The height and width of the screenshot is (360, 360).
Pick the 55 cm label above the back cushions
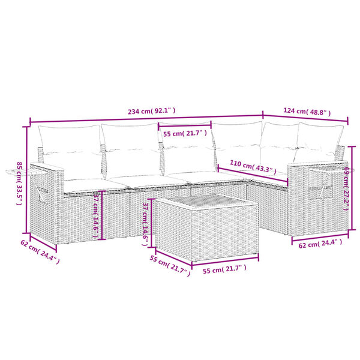tap(184, 133)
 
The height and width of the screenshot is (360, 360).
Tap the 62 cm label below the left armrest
tap(38, 251)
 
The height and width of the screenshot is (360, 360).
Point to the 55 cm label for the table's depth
tap(170, 263)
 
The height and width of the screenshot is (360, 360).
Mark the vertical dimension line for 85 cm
tap(28, 180)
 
